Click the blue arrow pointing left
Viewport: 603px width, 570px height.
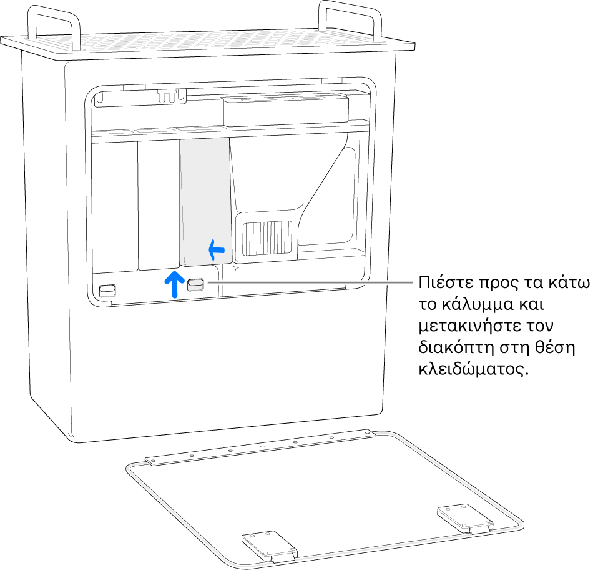click(216, 251)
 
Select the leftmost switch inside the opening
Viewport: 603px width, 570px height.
click(107, 289)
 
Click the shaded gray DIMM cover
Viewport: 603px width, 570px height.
click(204, 200)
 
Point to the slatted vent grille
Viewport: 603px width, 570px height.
click(269, 239)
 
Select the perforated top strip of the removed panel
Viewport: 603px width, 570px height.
click(262, 447)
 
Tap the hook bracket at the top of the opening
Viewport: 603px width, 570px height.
click(172, 95)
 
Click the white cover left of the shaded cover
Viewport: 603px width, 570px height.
click(159, 203)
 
